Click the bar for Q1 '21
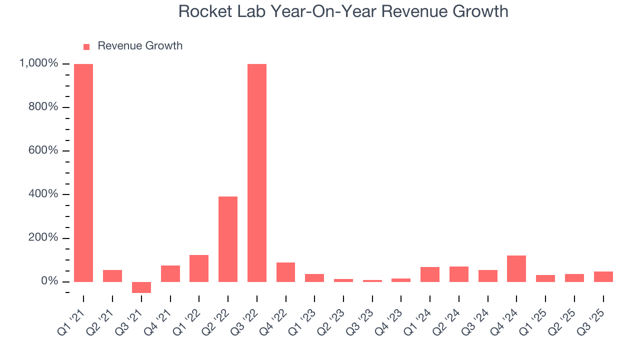tap(83, 172)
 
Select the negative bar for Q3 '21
tap(141, 287)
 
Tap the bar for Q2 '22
tap(228, 239)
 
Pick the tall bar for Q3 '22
tap(257, 172)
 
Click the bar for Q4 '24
tap(516, 268)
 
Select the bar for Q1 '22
tap(199, 268)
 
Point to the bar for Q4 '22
tap(286, 272)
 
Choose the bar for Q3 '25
tap(603, 276)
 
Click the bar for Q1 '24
tap(430, 274)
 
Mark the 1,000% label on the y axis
tap(38, 63)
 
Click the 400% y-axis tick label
tap(43, 194)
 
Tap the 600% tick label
tap(43, 150)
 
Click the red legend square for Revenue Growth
tap(86, 46)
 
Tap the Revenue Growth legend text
tap(140, 46)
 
